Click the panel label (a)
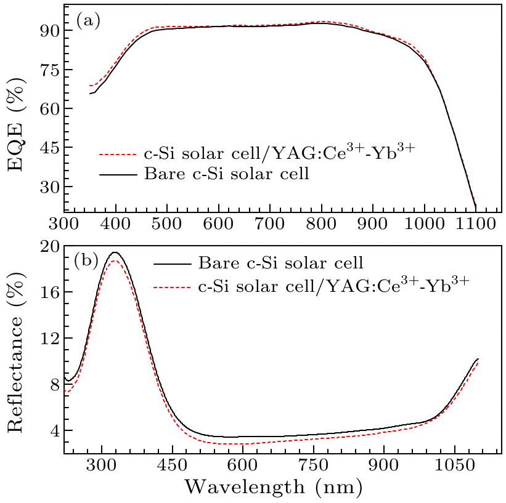[88, 21]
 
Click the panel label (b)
[86, 261]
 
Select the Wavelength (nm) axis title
[273, 487]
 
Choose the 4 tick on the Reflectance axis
[52, 430]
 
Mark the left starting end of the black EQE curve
[90, 94]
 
